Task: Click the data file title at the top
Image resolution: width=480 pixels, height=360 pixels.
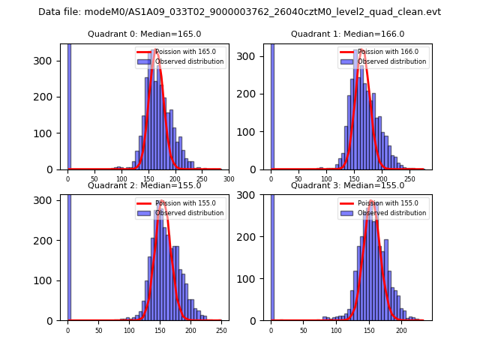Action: click(239, 12)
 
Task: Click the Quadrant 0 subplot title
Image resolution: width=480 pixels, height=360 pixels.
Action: click(144, 34)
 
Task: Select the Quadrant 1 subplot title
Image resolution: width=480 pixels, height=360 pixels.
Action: click(347, 34)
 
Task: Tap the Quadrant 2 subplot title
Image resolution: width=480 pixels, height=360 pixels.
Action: click(144, 185)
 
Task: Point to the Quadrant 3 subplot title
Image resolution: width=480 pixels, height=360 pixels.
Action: click(347, 185)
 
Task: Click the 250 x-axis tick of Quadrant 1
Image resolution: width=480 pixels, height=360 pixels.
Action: click(409, 179)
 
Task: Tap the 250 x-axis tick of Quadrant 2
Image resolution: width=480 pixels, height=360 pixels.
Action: click(221, 330)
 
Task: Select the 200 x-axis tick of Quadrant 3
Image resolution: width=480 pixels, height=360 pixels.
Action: click(401, 330)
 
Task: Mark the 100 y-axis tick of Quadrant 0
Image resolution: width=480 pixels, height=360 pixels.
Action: click(49, 133)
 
